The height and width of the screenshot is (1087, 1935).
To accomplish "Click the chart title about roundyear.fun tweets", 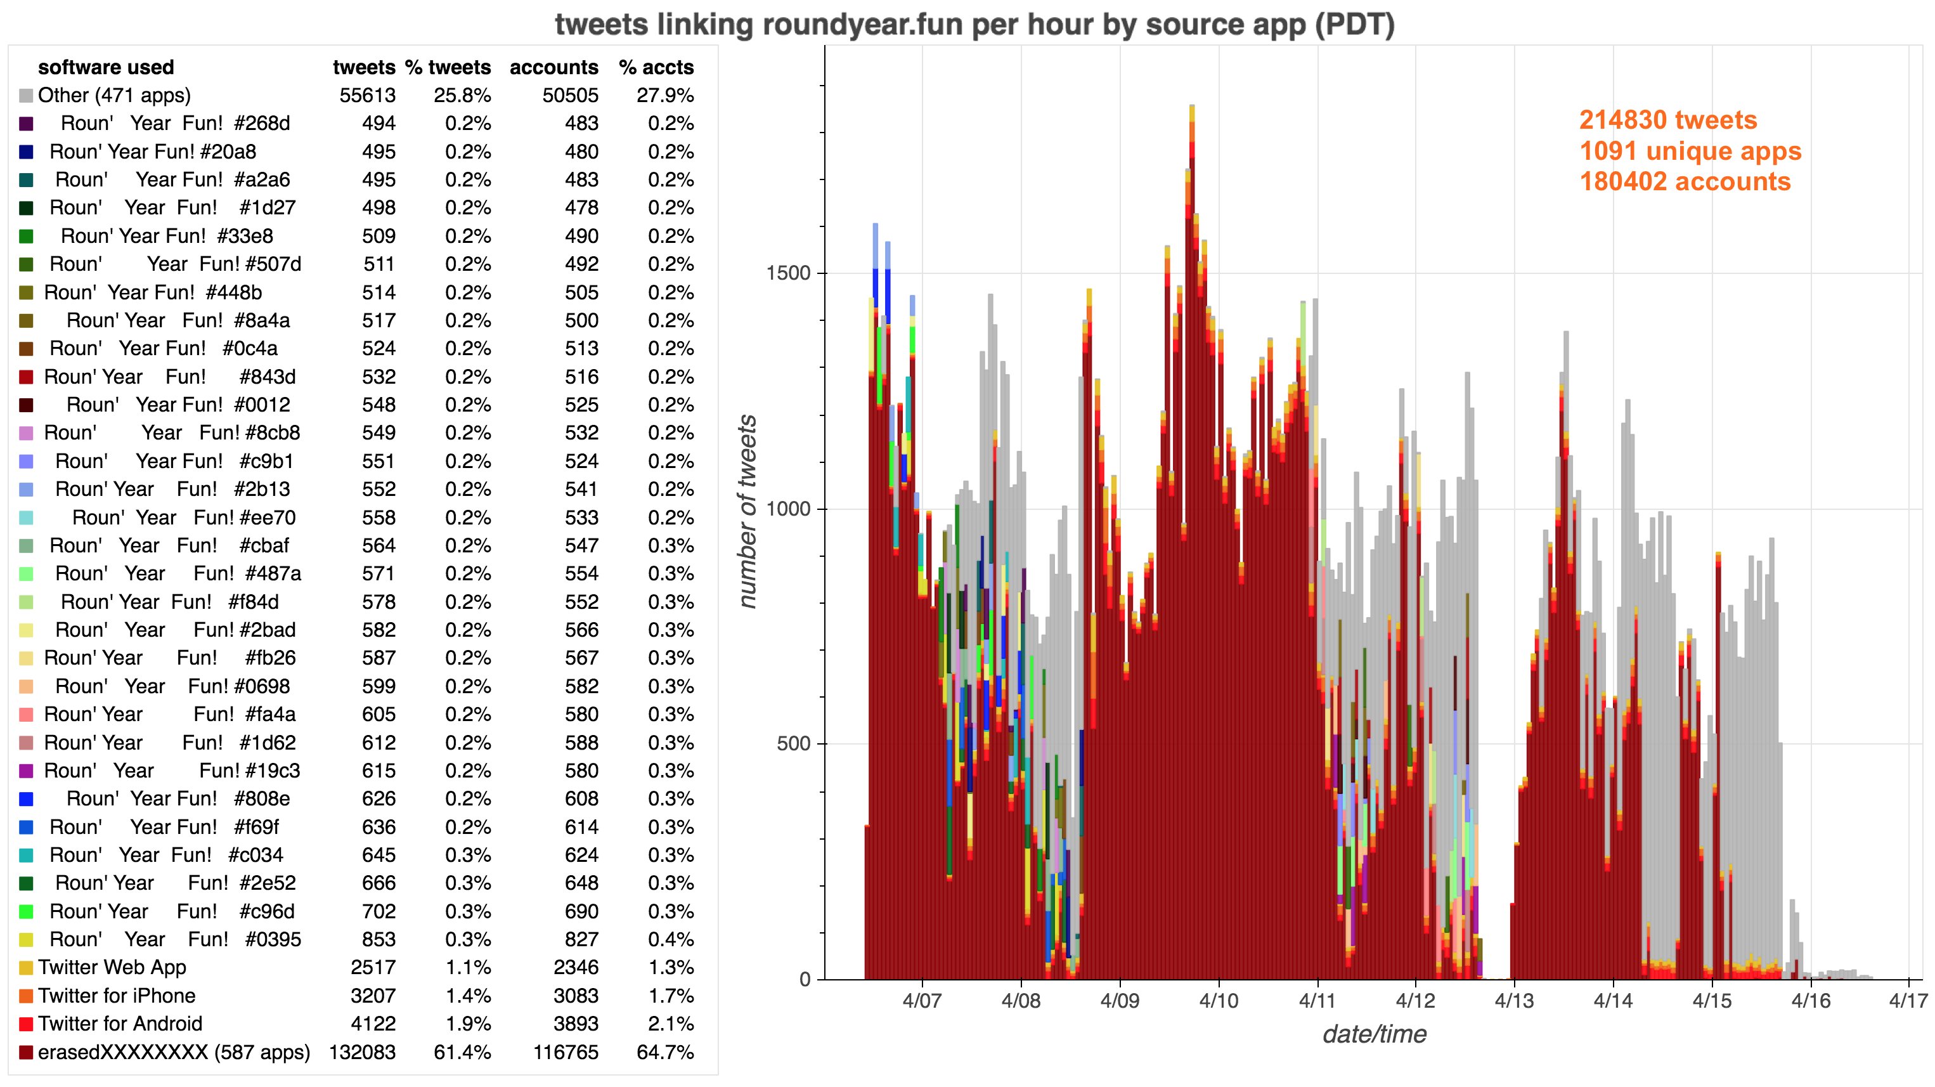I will click(974, 25).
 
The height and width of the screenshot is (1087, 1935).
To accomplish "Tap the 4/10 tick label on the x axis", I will click(1219, 1001).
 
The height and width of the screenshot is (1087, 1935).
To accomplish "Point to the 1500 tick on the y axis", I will click(788, 273).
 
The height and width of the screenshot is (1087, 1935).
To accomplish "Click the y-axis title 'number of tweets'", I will click(747, 511).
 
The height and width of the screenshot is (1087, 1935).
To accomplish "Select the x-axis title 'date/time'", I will click(1374, 1034).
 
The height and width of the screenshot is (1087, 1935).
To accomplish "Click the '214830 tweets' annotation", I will click(1667, 120).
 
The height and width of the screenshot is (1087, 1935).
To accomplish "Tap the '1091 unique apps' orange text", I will click(1690, 151).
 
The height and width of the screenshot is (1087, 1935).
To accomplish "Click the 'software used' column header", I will click(106, 68).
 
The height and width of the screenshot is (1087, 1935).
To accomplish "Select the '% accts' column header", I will click(656, 68).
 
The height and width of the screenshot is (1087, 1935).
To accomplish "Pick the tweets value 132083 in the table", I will click(362, 1053).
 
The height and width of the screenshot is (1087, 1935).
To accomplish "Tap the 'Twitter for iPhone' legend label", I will click(117, 996).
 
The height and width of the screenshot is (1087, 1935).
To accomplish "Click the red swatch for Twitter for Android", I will click(26, 1025).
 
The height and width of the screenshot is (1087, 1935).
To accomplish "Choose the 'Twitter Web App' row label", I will click(112, 968).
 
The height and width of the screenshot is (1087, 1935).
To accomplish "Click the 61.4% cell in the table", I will click(462, 1053).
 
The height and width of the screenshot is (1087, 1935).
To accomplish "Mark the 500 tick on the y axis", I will click(793, 744).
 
